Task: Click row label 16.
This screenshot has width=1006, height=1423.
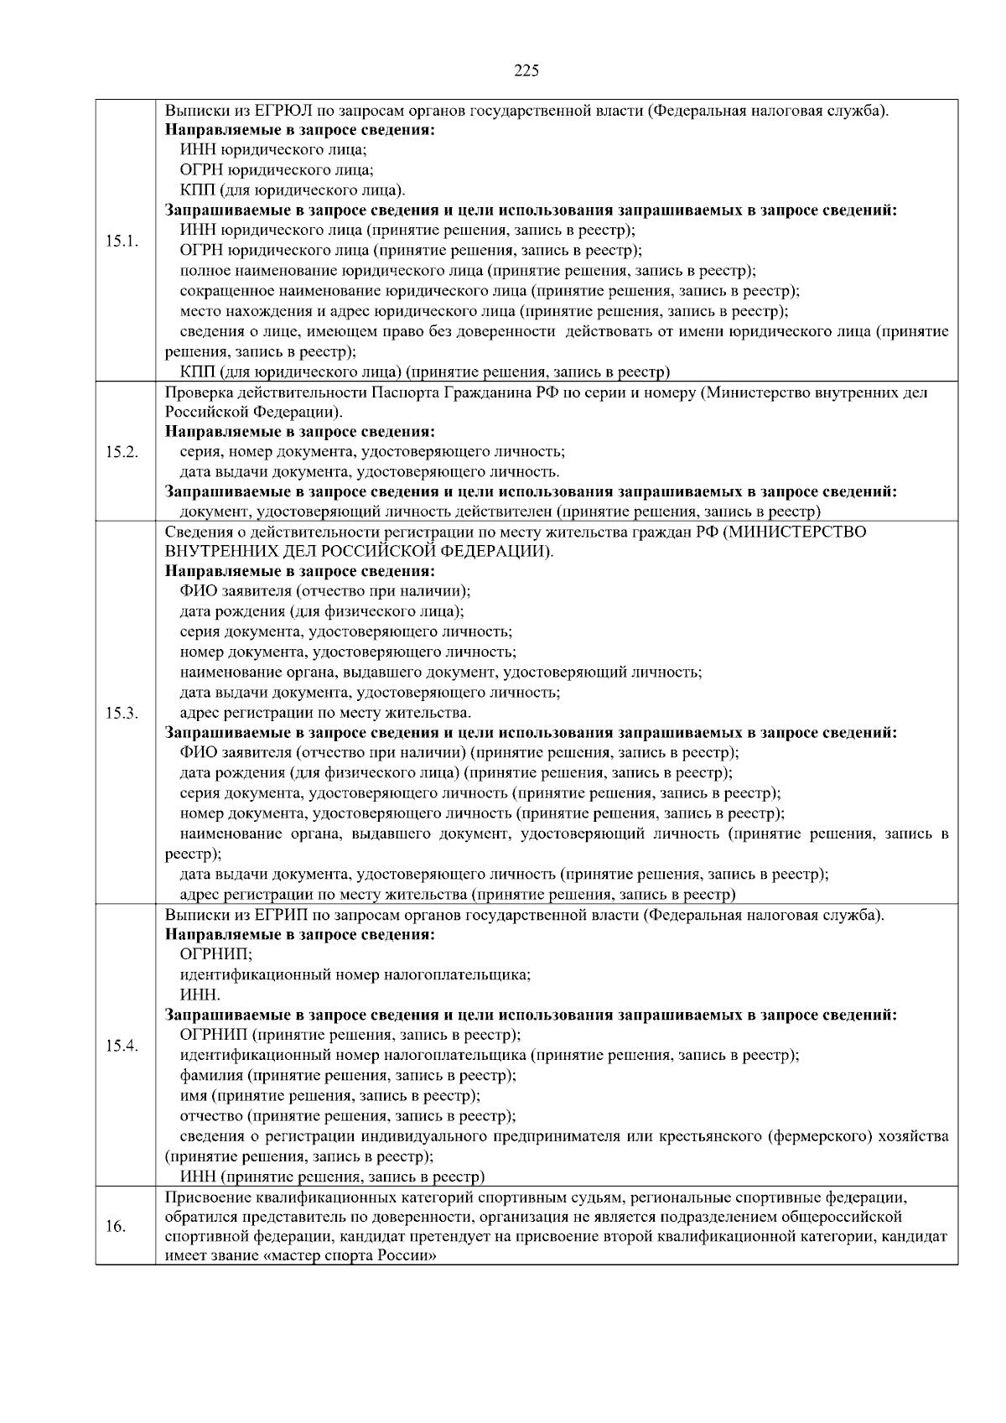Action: [x=116, y=1227]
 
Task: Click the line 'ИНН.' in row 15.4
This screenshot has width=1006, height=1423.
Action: [x=200, y=995]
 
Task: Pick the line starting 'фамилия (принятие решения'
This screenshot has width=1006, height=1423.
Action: [x=348, y=1075]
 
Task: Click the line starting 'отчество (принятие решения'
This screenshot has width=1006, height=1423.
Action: [x=348, y=1115]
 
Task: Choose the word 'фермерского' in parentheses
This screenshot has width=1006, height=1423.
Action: [x=817, y=1136]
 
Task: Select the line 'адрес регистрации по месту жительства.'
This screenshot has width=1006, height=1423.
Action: [x=325, y=714]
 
